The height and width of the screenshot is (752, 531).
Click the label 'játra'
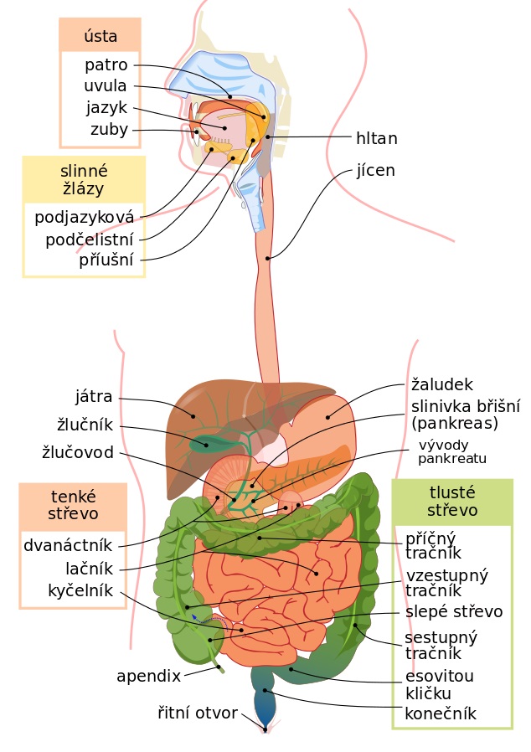click(94, 397)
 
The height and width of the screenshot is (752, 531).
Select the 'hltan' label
click(377, 138)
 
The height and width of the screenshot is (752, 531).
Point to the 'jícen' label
click(375, 170)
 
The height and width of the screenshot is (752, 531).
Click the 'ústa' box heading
click(101, 35)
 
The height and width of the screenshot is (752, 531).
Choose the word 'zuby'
click(110, 129)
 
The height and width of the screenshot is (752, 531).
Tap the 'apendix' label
click(149, 677)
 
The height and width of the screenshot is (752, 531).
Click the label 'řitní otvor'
click(198, 713)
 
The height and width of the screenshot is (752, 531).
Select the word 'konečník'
click(441, 713)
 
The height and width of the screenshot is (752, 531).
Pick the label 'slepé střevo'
click(454, 611)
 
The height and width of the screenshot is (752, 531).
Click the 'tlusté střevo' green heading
click(452, 501)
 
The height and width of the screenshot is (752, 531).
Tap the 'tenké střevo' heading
click(73, 505)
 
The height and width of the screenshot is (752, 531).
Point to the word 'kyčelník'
click(80, 590)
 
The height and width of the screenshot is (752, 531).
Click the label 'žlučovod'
click(78, 452)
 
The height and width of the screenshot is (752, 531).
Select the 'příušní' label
click(106, 260)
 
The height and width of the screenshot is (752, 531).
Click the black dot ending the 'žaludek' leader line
click(328, 417)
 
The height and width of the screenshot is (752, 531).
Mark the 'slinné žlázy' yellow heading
click(84, 180)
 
